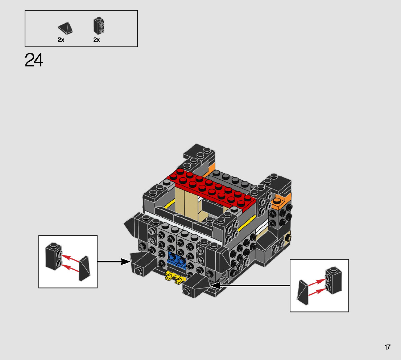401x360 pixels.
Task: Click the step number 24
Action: [x=34, y=60]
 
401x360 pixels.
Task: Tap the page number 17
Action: [x=388, y=347]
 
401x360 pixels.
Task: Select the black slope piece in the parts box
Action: [x=66, y=28]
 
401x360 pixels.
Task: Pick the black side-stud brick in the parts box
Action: [x=99, y=26]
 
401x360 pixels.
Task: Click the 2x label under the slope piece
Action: [x=61, y=40]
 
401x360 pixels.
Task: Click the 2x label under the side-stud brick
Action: [x=97, y=40]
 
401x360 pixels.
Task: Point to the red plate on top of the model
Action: [x=211, y=190]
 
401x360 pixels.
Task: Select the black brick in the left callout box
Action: [x=54, y=256]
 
